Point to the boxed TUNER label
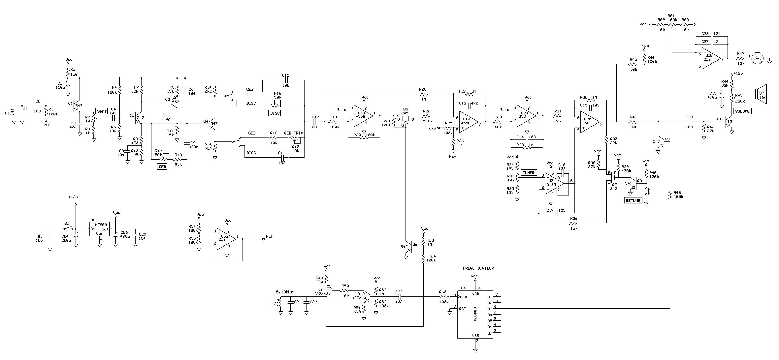tap(529, 173)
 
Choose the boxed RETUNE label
tap(633, 200)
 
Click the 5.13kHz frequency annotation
tap(284, 292)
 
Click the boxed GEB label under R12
tap(162, 166)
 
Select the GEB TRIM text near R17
tap(293, 133)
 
